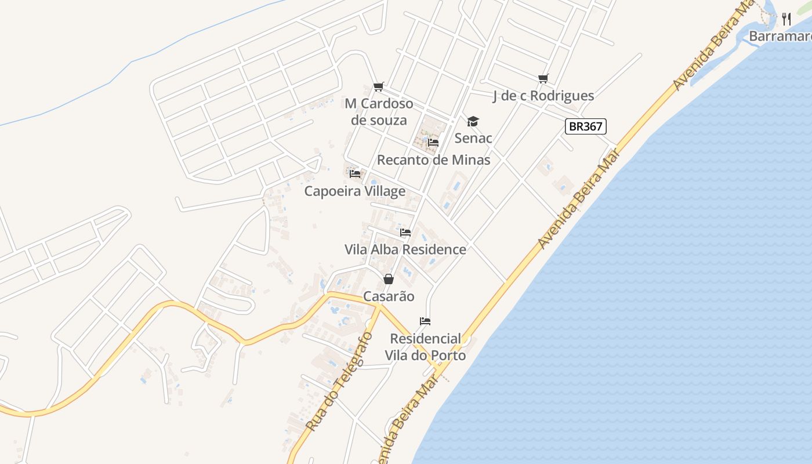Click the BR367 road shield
[586, 126]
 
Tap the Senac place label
[473, 138]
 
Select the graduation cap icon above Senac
[473, 121]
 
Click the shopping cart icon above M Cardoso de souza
[379, 87]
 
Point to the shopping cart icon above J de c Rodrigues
[543, 79]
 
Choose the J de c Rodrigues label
[543, 96]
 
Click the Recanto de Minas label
[434, 159]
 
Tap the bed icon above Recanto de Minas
[433, 143]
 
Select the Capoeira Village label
[355, 191]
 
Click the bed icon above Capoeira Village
[356, 174]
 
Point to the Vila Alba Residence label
[405, 249]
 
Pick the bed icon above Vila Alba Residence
[405, 233]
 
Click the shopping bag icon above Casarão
[389, 280]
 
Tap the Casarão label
[389, 296]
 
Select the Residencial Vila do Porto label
[426, 347]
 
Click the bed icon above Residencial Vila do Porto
[425, 321]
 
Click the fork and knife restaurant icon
[786, 19]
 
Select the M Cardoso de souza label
[379, 112]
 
